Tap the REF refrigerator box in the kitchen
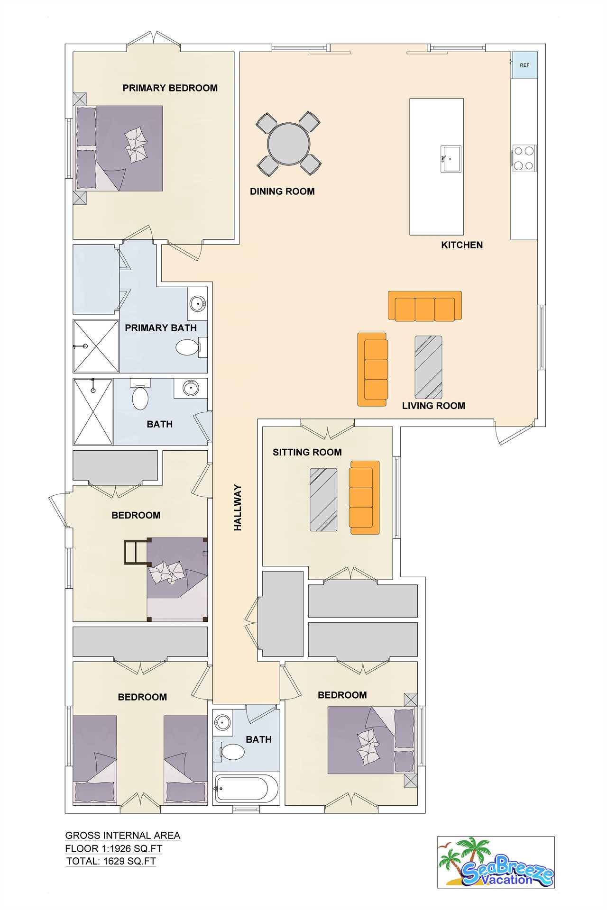point(524,65)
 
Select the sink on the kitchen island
point(451,159)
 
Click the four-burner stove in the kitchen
point(524,158)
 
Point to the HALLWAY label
point(238,507)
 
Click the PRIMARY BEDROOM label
point(170,88)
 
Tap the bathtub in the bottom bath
point(246,788)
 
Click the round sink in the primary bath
point(197,303)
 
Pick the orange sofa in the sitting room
point(364,497)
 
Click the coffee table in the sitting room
point(323,500)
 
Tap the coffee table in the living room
point(429,367)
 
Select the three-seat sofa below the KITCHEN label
point(425,306)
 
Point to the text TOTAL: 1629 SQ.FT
point(111,861)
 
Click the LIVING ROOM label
point(433,406)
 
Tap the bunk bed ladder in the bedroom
point(136,552)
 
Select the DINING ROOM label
point(282,191)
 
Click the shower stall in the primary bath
point(95,346)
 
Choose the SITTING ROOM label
point(307,452)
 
